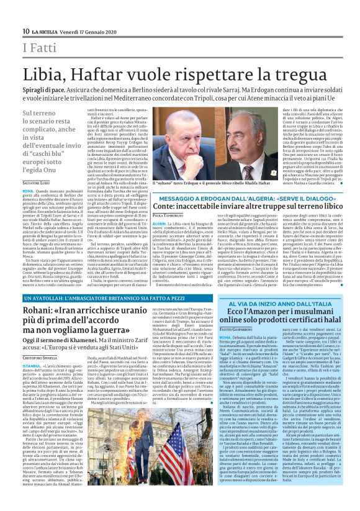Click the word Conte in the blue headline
pos(165,204)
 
